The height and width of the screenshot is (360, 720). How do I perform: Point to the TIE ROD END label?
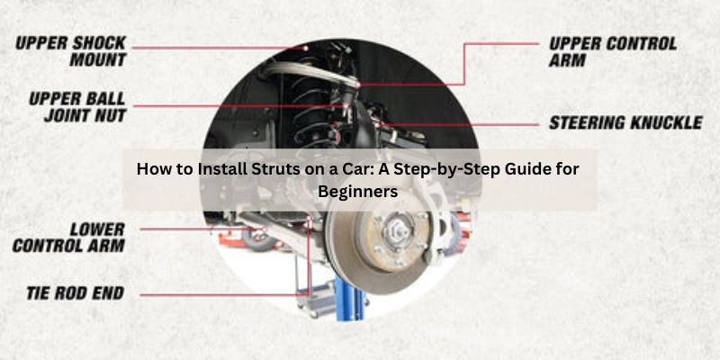point(73,293)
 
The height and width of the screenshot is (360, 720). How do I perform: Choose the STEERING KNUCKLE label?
point(625,122)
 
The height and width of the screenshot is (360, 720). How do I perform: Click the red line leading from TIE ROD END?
point(225,294)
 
